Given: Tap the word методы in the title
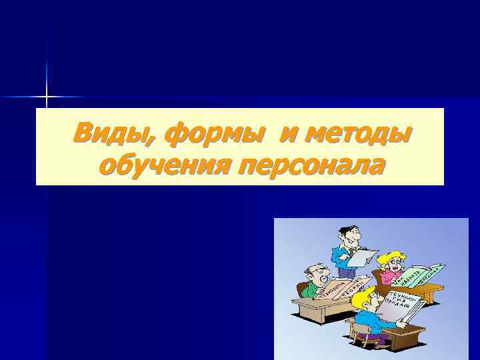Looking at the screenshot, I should (361, 133).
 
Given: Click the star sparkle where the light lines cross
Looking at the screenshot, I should (47, 98).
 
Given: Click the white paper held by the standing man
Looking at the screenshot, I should (363, 257).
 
